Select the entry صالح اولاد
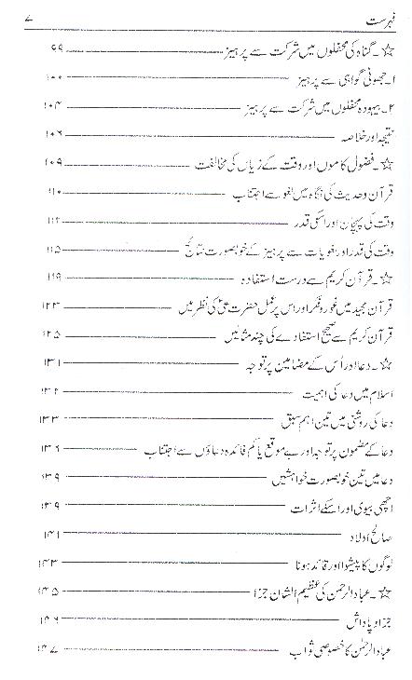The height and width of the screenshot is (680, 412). tap(359, 537)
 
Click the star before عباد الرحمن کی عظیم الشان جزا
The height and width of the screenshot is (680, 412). tap(383, 594)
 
